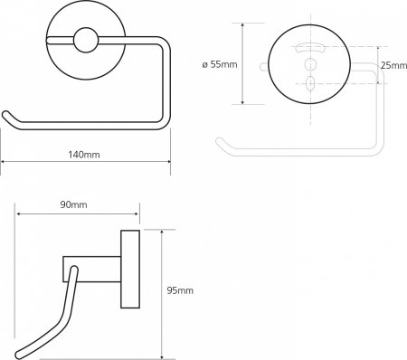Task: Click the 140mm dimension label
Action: point(84,155)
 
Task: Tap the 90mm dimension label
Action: point(73,204)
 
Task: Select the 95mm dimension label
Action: point(180,290)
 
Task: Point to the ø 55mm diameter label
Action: point(220,64)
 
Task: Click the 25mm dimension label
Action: point(393,65)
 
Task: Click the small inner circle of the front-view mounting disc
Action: point(86,40)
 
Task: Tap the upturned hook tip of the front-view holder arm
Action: point(6,115)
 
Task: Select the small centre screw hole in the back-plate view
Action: point(310,64)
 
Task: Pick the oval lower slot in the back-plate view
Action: point(310,83)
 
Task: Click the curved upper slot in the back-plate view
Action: point(310,47)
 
